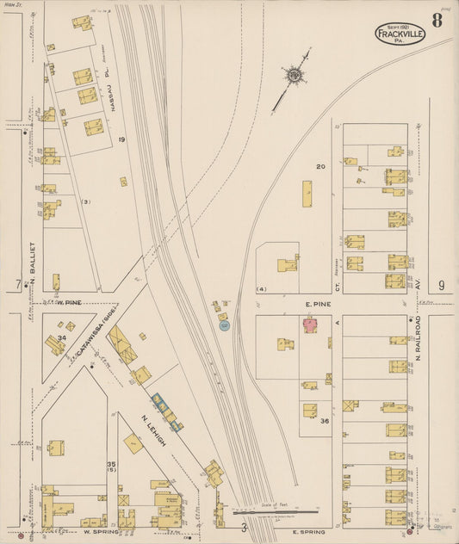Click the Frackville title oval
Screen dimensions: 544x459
400,34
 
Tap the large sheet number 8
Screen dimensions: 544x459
437,22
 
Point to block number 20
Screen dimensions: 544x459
321,166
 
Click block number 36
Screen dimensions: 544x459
325,421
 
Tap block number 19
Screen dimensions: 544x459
122,139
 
